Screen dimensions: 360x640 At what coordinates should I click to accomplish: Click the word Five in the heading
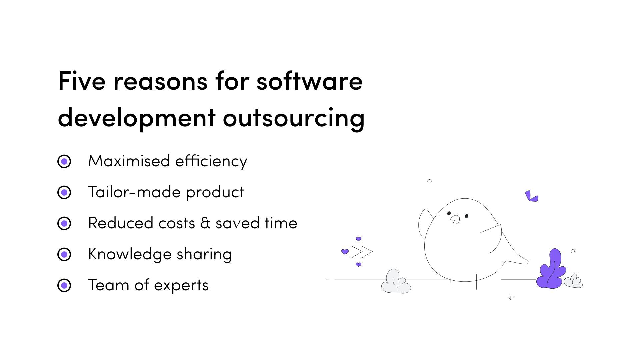[x=82, y=81]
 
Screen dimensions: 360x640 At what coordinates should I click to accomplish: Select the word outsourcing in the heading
[x=294, y=118]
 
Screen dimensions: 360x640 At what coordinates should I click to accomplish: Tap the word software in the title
[x=309, y=81]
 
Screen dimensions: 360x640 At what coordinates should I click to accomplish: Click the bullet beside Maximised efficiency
[x=64, y=161]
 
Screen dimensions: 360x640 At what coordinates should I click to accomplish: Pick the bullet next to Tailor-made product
[x=64, y=192]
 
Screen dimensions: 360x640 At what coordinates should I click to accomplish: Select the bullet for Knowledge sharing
[x=64, y=254]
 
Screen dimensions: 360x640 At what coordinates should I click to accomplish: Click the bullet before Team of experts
[x=64, y=285]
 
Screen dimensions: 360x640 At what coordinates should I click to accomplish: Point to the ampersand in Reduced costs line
[x=205, y=223]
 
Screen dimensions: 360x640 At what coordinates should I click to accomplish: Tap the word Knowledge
[x=129, y=254]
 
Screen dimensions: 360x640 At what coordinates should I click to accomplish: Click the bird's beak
[x=455, y=219]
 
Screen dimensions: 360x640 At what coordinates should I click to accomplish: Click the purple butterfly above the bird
[x=531, y=196]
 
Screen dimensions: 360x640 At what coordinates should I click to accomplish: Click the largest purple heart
[x=345, y=251]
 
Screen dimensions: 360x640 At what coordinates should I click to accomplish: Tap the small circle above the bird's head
[x=429, y=181]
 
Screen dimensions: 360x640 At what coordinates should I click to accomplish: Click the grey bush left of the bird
[x=396, y=282]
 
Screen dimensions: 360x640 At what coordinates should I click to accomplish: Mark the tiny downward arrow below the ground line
[x=511, y=298]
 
